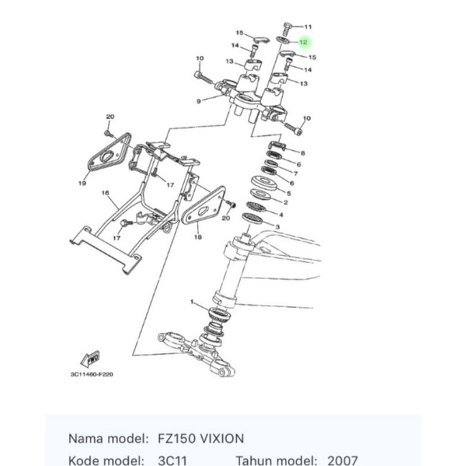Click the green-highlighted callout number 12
pyautogui.click(x=303, y=42)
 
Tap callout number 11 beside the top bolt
pyautogui.click(x=309, y=27)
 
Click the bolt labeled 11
pyautogui.click(x=288, y=29)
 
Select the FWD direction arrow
pyautogui.click(x=91, y=359)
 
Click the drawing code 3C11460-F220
pyautogui.click(x=92, y=374)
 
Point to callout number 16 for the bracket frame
pyautogui.click(x=105, y=193)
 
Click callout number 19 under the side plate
pyautogui.click(x=82, y=183)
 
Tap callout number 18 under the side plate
pyautogui.click(x=198, y=237)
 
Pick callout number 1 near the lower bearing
pyautogui.click(x=192, y=302)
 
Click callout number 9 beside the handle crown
pyautogui.click(x=198, y=101)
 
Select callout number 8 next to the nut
pyautogui.click(x=303, y=153)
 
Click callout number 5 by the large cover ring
pyautogui.click(x=288, y=193)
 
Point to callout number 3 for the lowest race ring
pyautogui.click(x=278, y=227)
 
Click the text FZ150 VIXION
pyautogui.click(x=201, y=439)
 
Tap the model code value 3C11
pyautogui.click(x=173, y=461)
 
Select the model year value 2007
pyautogui.click(x=342, y=461)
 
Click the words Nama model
pyautogui.click(x=108, y=439)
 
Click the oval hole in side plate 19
pyautogui.click(x=106, y=156)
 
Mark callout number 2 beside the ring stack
pyautogui.click(x=285, y=203)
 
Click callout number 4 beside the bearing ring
pyautogui.click(x=281, y=214)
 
